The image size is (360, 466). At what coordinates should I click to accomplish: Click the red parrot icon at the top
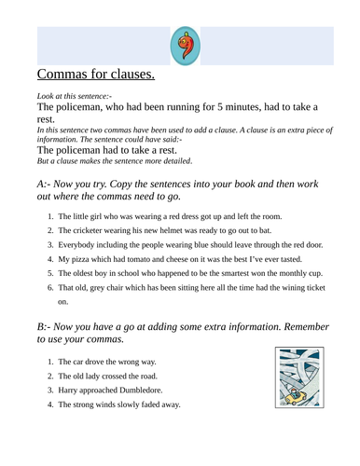(x=185, y=45)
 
